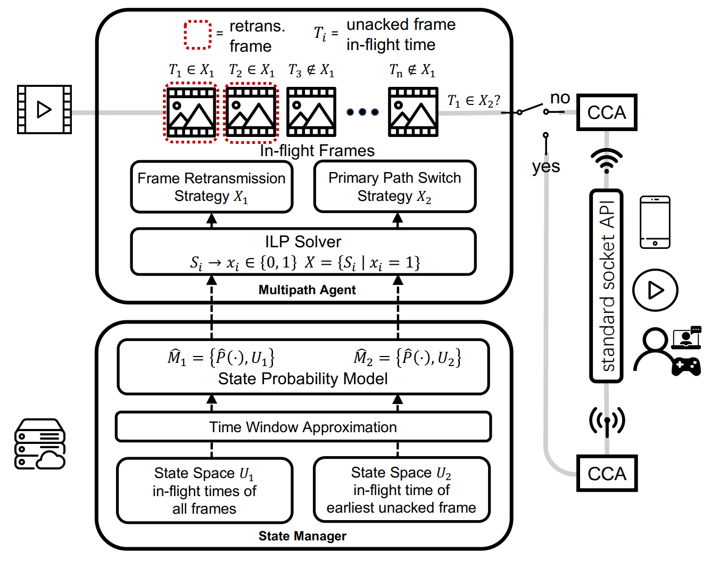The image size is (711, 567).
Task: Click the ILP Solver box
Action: click(x=303, y=252)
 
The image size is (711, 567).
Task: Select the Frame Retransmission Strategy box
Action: click(x=211, y=187)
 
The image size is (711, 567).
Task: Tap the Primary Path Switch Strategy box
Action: click(x=394, y=187)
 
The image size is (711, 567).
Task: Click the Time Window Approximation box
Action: click(x=303, y=427)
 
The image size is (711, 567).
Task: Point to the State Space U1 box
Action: click(x=204, y=490)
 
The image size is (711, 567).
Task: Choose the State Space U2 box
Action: click(x=401, y=490)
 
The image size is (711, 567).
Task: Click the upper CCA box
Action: click(x=607, y=112)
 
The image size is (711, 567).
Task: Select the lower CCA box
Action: click(x=607, y=473)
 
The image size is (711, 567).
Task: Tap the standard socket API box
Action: click(x=606, y=286)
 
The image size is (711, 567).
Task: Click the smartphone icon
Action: click(x=655, y=222)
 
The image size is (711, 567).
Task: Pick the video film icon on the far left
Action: click(x=44, y=109)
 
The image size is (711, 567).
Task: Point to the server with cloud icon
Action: click(x=39, y=444)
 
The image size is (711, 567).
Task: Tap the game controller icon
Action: click(x=686, y=367)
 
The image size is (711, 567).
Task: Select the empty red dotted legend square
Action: click(x=197, y=35)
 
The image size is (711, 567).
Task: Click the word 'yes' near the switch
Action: click(x=545, y=167)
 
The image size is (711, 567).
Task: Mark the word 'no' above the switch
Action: click(x=560, y=98)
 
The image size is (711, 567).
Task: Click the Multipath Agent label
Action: click(x=307, y=290)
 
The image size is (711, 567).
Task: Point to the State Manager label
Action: click(x=302, y=536)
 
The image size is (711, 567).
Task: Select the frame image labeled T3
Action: click(x=311, y=112)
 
